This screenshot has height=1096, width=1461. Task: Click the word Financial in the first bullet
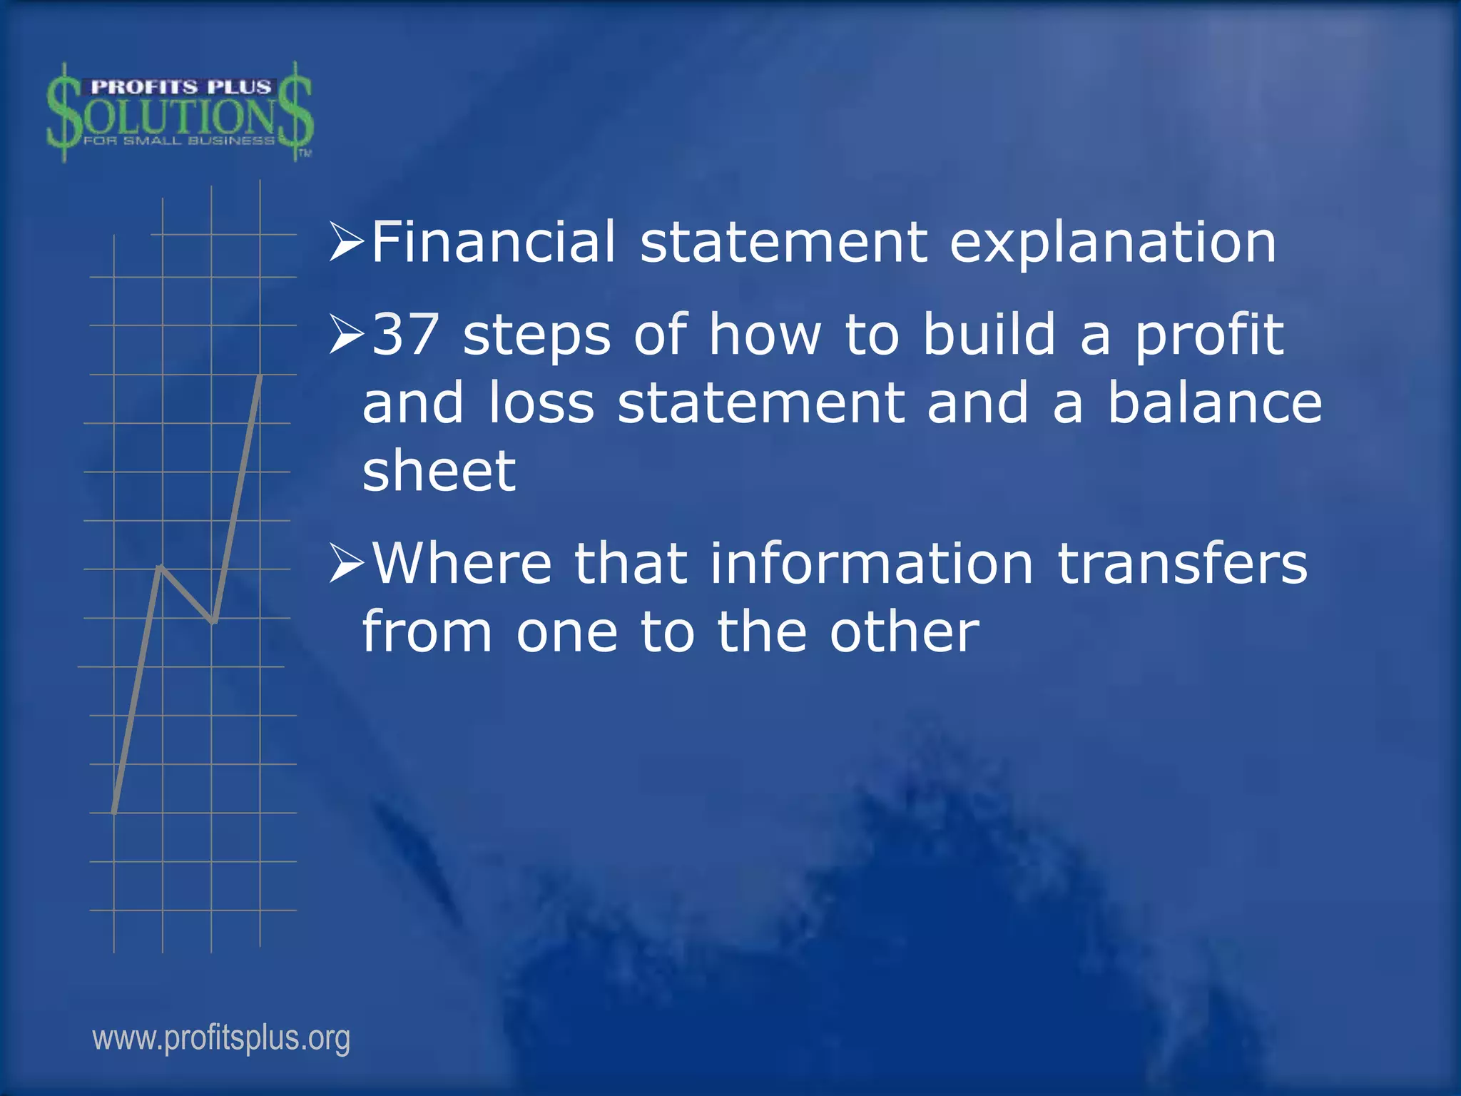pyautogui.click(x=493, y=242)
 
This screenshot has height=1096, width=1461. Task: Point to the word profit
pyautogui.click(x=1209, y=335)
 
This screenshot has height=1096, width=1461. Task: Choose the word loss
pyautogui.click(x=541, y=402)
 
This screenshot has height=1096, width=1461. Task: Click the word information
pyautogui.click(x=871, y=563)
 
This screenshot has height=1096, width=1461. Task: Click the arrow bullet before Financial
pyautogui.click(x=347, y=243)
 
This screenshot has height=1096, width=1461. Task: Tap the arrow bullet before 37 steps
pyautogui.click(x=347, y=335)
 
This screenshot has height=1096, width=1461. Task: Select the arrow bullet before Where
pyautogui.click(x=347, y=564)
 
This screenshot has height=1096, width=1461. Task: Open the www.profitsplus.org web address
pyautogui.click(x=221, y=1038)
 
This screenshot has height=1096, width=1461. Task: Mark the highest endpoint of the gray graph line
pyautogui.click(x=260, y=376)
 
